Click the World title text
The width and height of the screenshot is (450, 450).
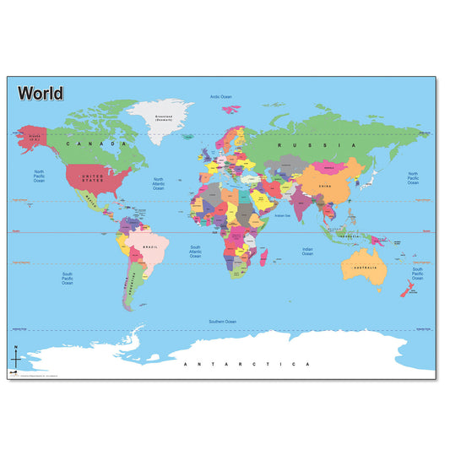40,92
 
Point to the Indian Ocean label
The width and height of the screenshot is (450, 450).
307,251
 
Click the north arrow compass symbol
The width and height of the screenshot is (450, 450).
14,356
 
